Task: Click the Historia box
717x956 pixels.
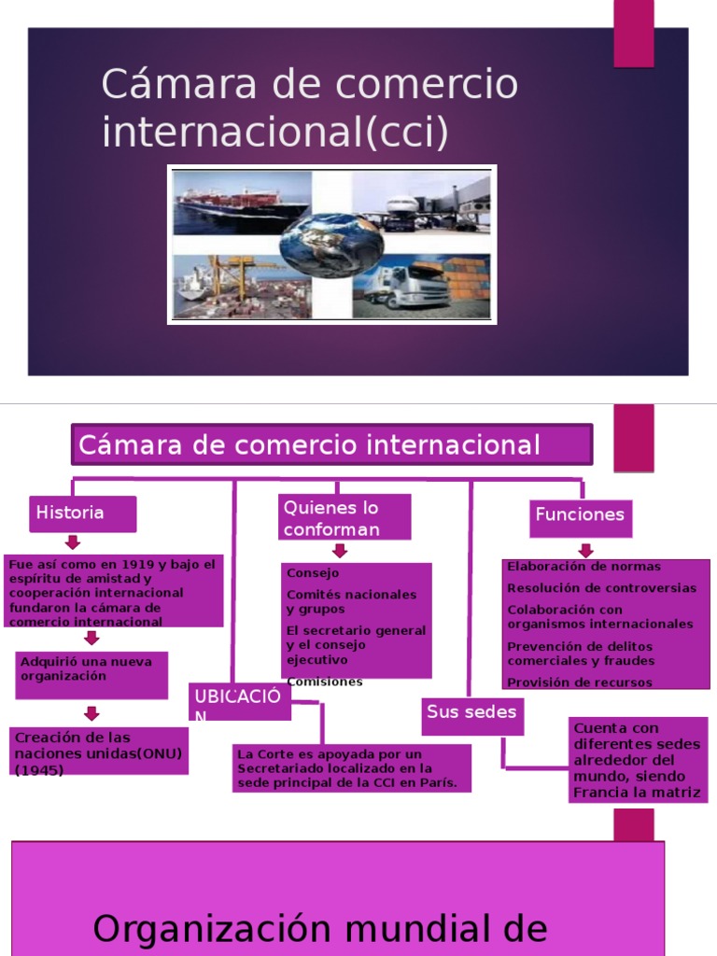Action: pos(82,513)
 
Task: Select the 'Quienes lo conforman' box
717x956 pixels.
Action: pos(344,518)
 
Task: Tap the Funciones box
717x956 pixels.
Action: pos(580,515)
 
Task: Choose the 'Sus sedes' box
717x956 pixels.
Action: pos(471,713)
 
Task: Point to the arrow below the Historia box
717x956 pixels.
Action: pos(73,542)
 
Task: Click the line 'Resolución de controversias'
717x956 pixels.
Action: pos(601,588)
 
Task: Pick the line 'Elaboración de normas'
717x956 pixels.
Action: pos(583,567)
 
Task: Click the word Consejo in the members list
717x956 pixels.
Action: pos(313,573)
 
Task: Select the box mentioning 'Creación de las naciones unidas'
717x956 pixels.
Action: pos(98,752)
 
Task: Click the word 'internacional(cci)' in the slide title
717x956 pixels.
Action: pos(274,132)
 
